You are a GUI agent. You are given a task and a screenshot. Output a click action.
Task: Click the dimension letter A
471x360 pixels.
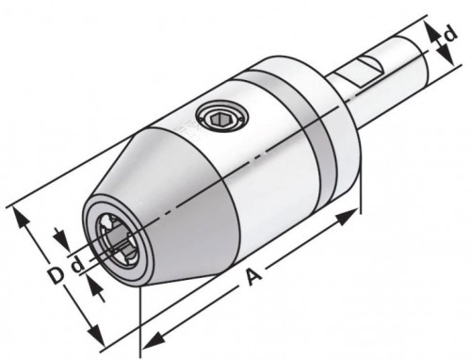tap(253, 276)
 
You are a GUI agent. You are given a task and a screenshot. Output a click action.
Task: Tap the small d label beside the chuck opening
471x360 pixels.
tap(78, 265)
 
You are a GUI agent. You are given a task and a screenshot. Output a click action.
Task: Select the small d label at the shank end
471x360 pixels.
tap(449, 33)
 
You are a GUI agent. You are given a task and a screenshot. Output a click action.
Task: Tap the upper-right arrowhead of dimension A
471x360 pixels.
tap(348, 216)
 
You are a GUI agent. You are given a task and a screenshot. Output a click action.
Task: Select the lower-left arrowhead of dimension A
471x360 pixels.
tap(153, 340)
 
